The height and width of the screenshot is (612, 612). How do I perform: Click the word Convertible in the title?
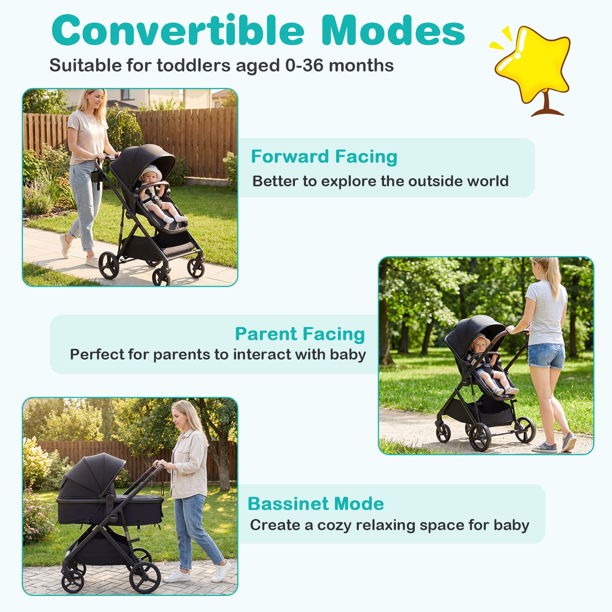pos(177,31)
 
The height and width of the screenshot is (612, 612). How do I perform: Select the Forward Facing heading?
pos(324,156)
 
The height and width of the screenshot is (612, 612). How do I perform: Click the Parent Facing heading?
pos(300,334)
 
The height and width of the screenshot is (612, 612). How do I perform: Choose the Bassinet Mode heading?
pos(316,504)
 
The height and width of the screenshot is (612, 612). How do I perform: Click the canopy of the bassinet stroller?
pos(94,471)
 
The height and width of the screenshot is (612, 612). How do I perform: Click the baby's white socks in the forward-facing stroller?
pos(174,219)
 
